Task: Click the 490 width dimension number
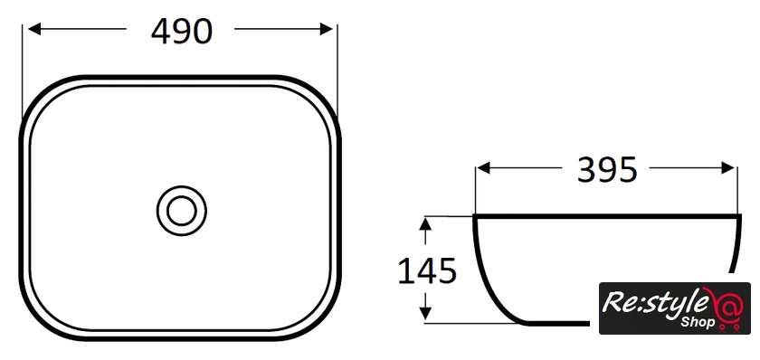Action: (182, 32)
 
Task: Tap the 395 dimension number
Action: (606, 170)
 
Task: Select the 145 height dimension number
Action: (427, 270)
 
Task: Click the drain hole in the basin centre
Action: (182, 211)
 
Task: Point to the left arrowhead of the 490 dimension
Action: (34, 29)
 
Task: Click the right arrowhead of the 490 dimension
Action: (327, 29)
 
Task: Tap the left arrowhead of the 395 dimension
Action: (484, 168)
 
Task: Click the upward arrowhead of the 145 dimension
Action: (425, 223)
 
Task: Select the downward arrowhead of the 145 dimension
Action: (425, 313)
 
